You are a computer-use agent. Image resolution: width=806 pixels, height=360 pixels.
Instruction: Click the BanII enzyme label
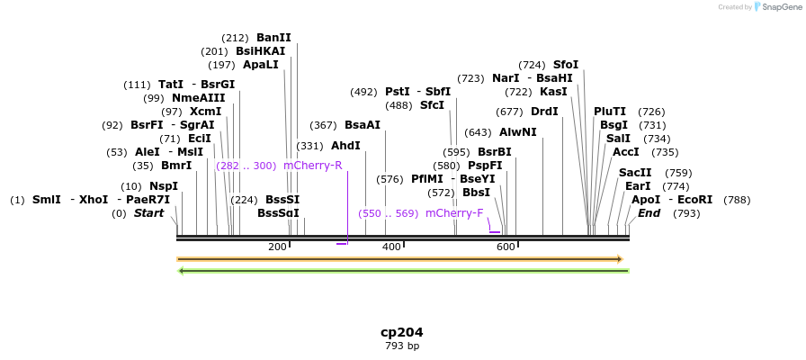coord(273,38)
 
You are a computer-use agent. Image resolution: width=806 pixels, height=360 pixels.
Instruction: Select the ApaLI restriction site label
coord(260,65)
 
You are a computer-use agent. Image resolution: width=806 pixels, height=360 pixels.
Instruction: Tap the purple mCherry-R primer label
coord(312,166)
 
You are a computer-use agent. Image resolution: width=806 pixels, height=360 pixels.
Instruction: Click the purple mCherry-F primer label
coord(454,213)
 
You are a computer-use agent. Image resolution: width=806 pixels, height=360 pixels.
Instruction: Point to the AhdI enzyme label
coord(345,146)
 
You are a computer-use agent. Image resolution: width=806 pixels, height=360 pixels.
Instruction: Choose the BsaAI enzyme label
coord(363,125)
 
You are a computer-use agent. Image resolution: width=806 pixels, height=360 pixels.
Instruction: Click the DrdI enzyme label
coord(544,112)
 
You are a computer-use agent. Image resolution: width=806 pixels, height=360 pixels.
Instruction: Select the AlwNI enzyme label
coord(518,132)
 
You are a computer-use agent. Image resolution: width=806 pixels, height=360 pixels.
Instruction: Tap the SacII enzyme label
coord(635,173)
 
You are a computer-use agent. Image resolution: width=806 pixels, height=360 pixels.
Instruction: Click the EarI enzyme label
coord(638,186)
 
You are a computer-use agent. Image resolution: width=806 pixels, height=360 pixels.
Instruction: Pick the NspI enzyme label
coord(164,186)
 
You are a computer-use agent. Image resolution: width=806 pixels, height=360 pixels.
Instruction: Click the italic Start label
coord(149,213)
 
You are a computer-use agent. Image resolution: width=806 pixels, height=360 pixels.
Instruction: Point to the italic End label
coord(649,213)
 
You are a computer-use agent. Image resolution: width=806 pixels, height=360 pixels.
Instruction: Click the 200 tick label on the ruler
coord(277,247)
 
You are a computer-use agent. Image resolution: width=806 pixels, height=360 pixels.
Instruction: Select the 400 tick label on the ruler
coord(391,247)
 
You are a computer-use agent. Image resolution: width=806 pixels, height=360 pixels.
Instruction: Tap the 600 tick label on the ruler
coord(506,247)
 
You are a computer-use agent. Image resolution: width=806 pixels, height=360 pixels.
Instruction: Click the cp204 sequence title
coord(402,332)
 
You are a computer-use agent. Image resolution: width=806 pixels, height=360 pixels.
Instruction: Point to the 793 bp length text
coord(402,346)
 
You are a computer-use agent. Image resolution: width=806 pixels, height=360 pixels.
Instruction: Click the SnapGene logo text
coord(779,7)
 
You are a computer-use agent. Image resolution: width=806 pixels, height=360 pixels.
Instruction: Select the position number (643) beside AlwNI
coord(478,132)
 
